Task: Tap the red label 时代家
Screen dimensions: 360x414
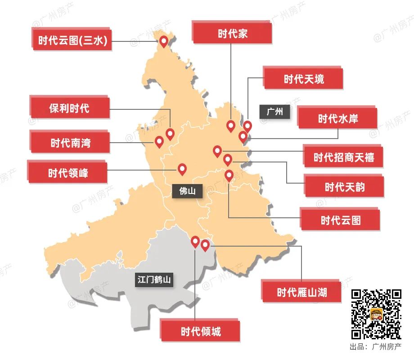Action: coord(233,34)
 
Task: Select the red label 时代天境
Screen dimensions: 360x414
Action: coord(303,79)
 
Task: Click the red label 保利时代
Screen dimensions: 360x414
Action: coord(69,108)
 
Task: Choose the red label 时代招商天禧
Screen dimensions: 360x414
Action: coord(344,157)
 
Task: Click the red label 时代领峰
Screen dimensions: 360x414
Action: coord(68,173)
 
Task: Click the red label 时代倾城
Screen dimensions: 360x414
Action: coord(201,332)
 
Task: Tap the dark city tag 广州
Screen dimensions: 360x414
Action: coord(274,112)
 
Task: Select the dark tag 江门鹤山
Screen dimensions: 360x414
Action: coord(154,280)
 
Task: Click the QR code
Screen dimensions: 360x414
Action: coord(376,314)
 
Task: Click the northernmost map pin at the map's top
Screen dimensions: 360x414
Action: coord(163,41)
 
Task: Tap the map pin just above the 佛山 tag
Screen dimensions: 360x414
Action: coord(182,169)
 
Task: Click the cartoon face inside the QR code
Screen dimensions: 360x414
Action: coord(376,314)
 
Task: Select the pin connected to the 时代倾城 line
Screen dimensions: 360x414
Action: coord(195,242)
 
